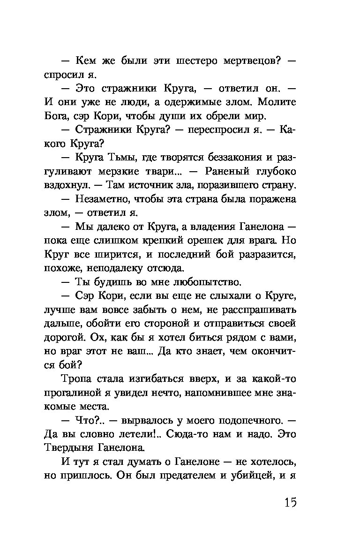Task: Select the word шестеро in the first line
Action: point(196,61)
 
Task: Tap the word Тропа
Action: point(76,378)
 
